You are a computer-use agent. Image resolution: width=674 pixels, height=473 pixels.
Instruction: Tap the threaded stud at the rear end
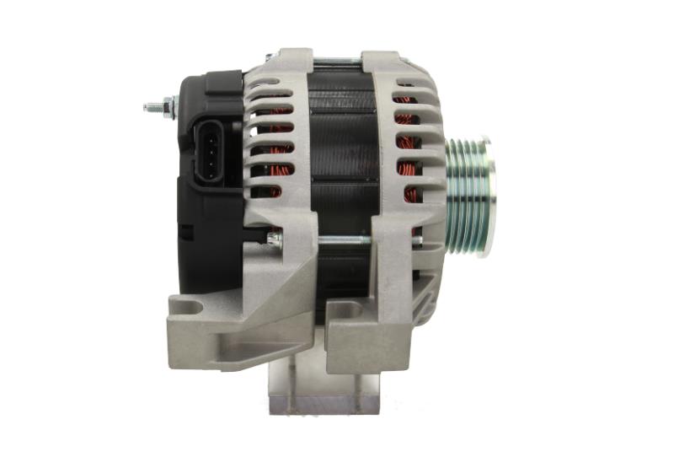click(152, 108)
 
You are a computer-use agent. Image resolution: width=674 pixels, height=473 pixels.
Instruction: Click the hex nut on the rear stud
click(168, 106)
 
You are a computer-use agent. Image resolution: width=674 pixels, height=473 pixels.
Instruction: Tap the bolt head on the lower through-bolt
click(274, 239)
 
